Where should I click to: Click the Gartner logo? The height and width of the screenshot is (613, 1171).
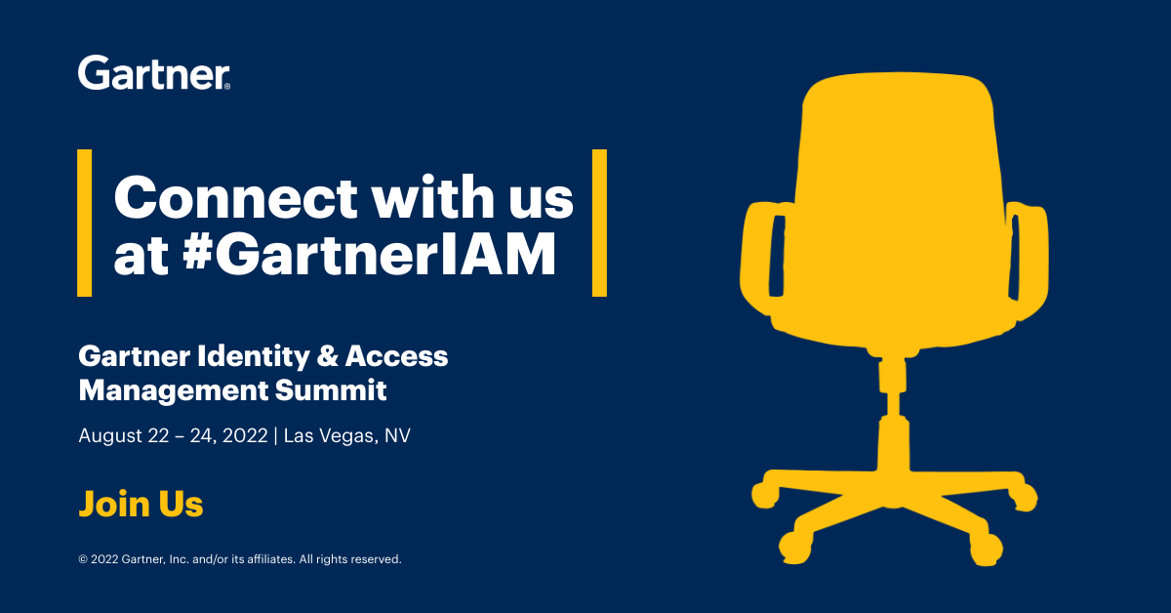point(154,72)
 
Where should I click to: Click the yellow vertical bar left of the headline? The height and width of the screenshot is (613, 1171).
point(85,223)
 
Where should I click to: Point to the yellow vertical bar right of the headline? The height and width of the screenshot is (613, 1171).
point(599,223)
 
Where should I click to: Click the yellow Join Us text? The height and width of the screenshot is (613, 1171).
point(141,505)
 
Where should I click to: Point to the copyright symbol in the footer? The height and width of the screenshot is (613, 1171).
point(83,560)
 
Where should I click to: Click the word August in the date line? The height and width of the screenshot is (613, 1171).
point(110,436)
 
